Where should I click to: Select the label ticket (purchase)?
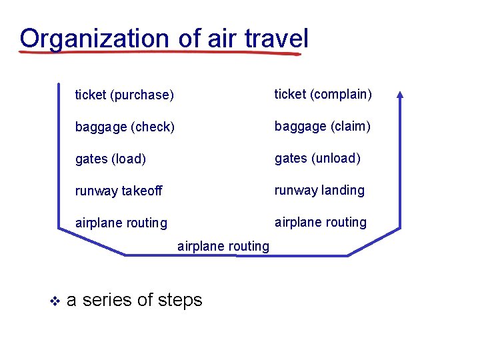tap(125, 95)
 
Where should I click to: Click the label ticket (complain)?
tap(323, 94)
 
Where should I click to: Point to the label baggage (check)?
tap(125, 127)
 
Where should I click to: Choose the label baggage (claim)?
tap(323, 126)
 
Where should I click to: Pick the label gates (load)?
tap(111, 159)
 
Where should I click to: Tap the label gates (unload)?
tap(317, 158)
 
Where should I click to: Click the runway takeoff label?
tap(119, 191)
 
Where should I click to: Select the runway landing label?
tap(319, 190)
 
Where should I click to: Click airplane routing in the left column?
tap(121, 223)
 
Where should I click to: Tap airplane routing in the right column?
tap(321, 222)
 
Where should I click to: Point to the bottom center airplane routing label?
tap(223, 246)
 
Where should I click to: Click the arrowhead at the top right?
tap(399, 95)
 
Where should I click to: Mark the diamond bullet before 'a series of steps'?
tap(55, 301)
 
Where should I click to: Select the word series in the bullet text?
tap(107, 300)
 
